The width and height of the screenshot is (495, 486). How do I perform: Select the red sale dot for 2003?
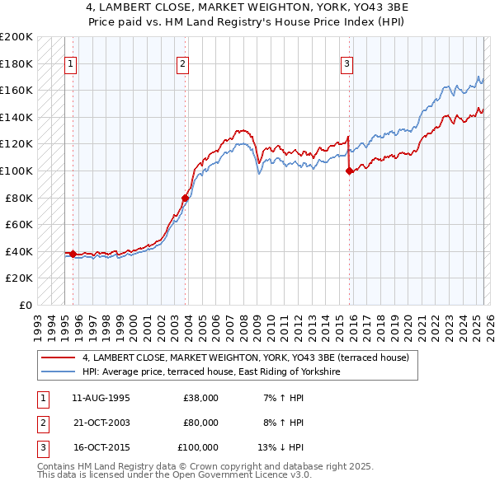click(x=186, y=198)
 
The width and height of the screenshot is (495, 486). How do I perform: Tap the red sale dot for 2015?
click(x=349, y=171)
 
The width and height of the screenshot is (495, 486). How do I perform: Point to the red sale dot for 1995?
click(x=73, y=254)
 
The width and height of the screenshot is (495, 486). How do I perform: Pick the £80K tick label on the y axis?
click(x=19, y=198)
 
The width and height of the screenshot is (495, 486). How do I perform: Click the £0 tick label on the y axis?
click(x=25, y=305)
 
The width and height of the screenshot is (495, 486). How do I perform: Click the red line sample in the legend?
click(x=58, y=357)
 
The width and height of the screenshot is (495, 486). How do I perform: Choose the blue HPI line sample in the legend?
click(x=58, y=372)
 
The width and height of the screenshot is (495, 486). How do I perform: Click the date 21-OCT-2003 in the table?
click(x=101, y=423)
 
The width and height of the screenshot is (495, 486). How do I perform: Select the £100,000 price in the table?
click(x=198, y=447)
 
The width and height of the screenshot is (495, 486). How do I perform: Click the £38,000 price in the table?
click(x=200, y=398)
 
